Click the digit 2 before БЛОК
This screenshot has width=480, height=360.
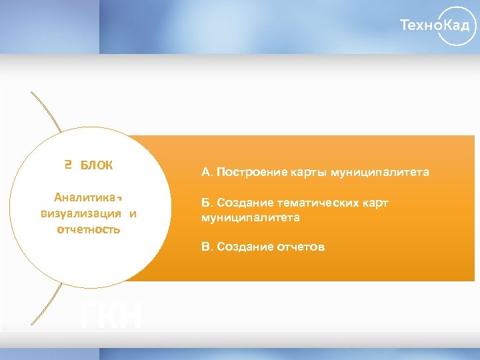tap(68, 165)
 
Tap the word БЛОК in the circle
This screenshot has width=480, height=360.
tap(97, 165)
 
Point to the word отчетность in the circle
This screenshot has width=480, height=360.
tap(89, 230)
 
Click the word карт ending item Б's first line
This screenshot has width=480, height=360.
tap(375, 203)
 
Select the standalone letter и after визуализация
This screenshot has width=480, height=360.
tap(133, 214)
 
